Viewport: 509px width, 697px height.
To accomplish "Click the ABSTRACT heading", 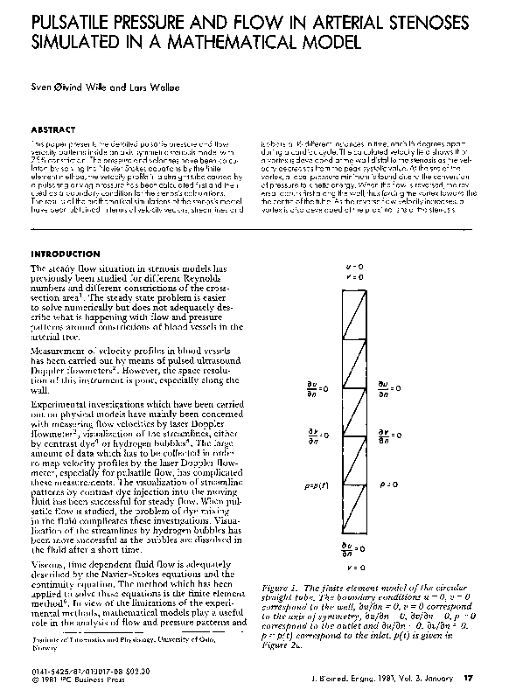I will [53, 129].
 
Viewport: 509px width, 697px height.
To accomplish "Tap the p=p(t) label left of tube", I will [316, 483].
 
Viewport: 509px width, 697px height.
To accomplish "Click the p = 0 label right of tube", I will [391, 483].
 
